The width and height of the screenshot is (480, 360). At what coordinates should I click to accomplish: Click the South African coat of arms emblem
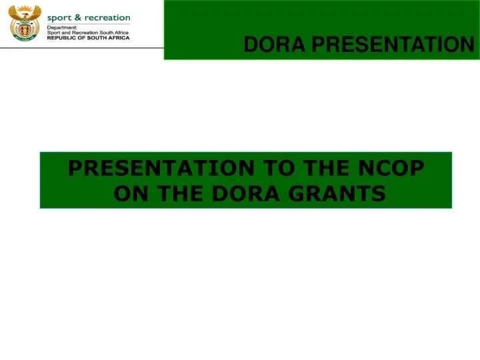24,23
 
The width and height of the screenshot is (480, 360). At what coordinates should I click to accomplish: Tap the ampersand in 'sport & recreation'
77,17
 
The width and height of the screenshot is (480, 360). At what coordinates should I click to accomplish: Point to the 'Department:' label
62,27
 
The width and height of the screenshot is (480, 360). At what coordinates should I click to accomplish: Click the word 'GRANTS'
337,193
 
